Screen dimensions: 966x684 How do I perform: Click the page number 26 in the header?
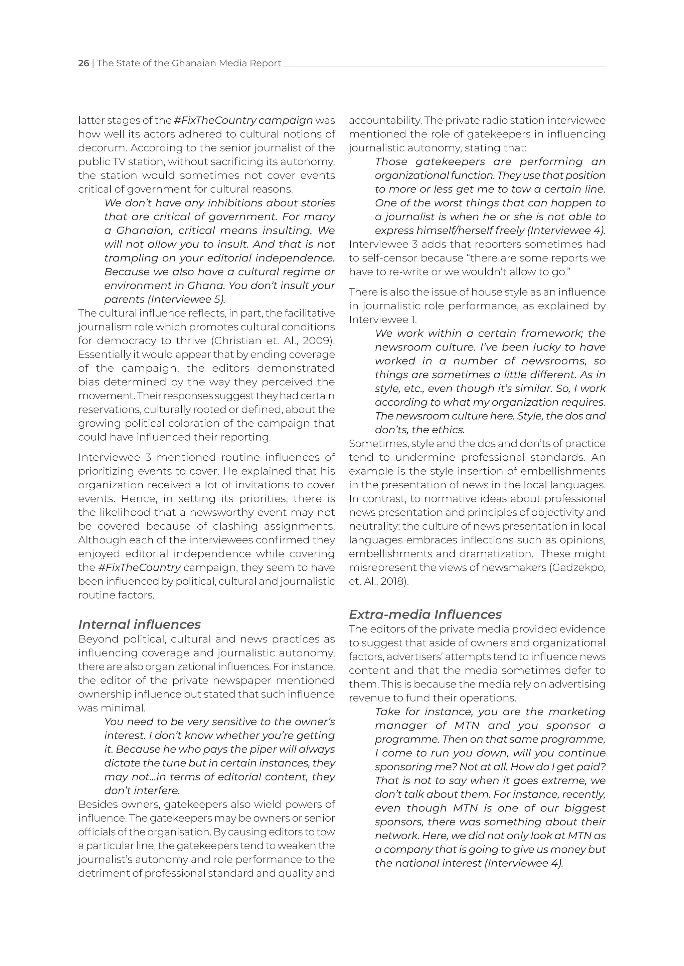click(83, 63)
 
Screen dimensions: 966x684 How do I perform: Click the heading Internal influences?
click(139, 624)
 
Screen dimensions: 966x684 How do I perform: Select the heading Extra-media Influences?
click(425, 614)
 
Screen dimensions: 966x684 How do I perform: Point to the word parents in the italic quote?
click(121, 299)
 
